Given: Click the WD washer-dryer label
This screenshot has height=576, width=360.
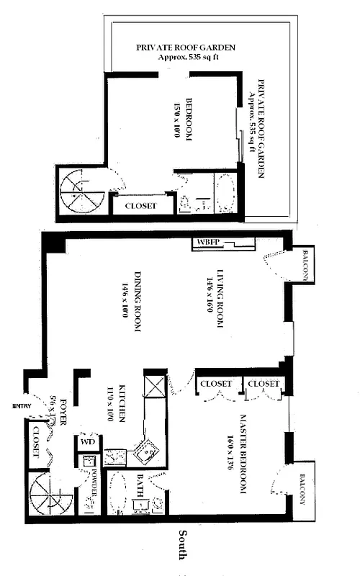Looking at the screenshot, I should click(87, 441).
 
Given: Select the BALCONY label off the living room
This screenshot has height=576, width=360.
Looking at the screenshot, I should click(305, 266).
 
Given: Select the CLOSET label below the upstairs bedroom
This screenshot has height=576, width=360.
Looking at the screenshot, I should click(143, 205).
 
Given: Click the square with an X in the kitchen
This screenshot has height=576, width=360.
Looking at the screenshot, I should click(153, 385).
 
